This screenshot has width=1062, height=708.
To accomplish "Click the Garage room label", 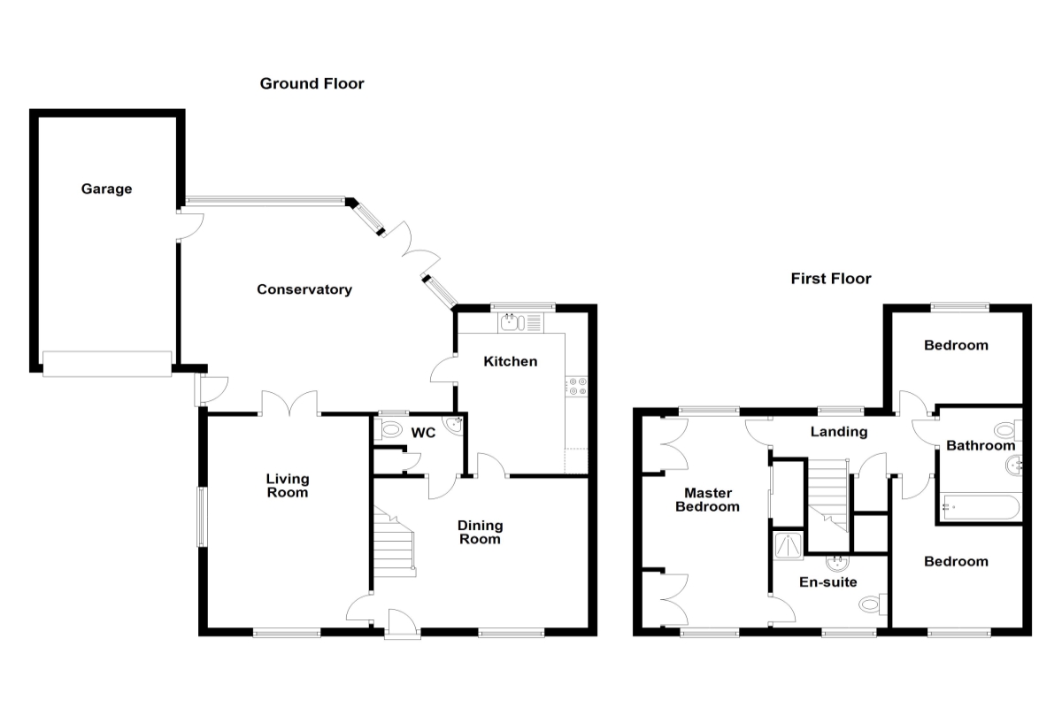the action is pos(106,189).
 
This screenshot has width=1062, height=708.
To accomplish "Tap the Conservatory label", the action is pos(304,289).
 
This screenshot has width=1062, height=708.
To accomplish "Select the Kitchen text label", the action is pos(511,361).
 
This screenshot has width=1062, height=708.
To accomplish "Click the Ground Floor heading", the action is pos(312,84).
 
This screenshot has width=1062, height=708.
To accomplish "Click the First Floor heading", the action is pos(830,279).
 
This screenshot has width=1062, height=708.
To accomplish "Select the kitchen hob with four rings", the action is pos(578,386).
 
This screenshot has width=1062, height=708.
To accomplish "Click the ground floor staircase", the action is pos(393,543).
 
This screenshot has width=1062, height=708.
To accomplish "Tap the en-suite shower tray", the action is pos(787,545).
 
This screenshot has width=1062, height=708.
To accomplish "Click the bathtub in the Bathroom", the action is pos(980,507).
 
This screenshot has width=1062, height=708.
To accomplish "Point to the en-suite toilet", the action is pos(871,605).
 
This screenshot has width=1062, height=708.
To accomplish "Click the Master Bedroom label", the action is pos(707,500).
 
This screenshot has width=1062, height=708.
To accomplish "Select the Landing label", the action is pos(839,432).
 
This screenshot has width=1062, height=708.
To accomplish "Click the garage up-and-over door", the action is pos(107,363).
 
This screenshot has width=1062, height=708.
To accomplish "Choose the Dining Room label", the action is pos(479,532).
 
